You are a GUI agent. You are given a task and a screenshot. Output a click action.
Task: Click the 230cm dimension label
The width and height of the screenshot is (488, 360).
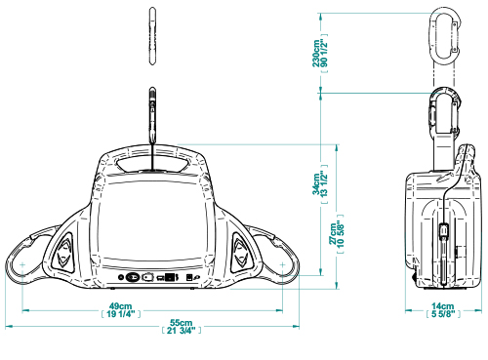(316, 54)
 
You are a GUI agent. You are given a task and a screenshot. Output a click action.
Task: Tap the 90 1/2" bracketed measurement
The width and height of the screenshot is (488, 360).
(324, 54)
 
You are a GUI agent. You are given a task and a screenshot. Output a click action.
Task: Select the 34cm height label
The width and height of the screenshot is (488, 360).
(316, 184)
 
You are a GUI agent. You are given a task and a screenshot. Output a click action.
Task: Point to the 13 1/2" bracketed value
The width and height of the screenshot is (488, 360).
(324, 184)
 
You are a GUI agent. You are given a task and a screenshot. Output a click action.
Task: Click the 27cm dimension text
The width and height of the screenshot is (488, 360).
(332, 233)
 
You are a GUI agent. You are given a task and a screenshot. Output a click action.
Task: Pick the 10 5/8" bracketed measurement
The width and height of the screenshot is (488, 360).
(341, 233)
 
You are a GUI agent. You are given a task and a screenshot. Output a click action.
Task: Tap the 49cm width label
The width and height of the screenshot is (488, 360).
(120, 306)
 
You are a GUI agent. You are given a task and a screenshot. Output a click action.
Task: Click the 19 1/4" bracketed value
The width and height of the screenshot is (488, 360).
(121, 314)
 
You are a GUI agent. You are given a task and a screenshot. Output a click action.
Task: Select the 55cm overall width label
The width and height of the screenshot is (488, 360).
(182, 323)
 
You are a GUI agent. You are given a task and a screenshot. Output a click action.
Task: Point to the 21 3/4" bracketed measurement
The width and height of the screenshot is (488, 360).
(182, 331)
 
